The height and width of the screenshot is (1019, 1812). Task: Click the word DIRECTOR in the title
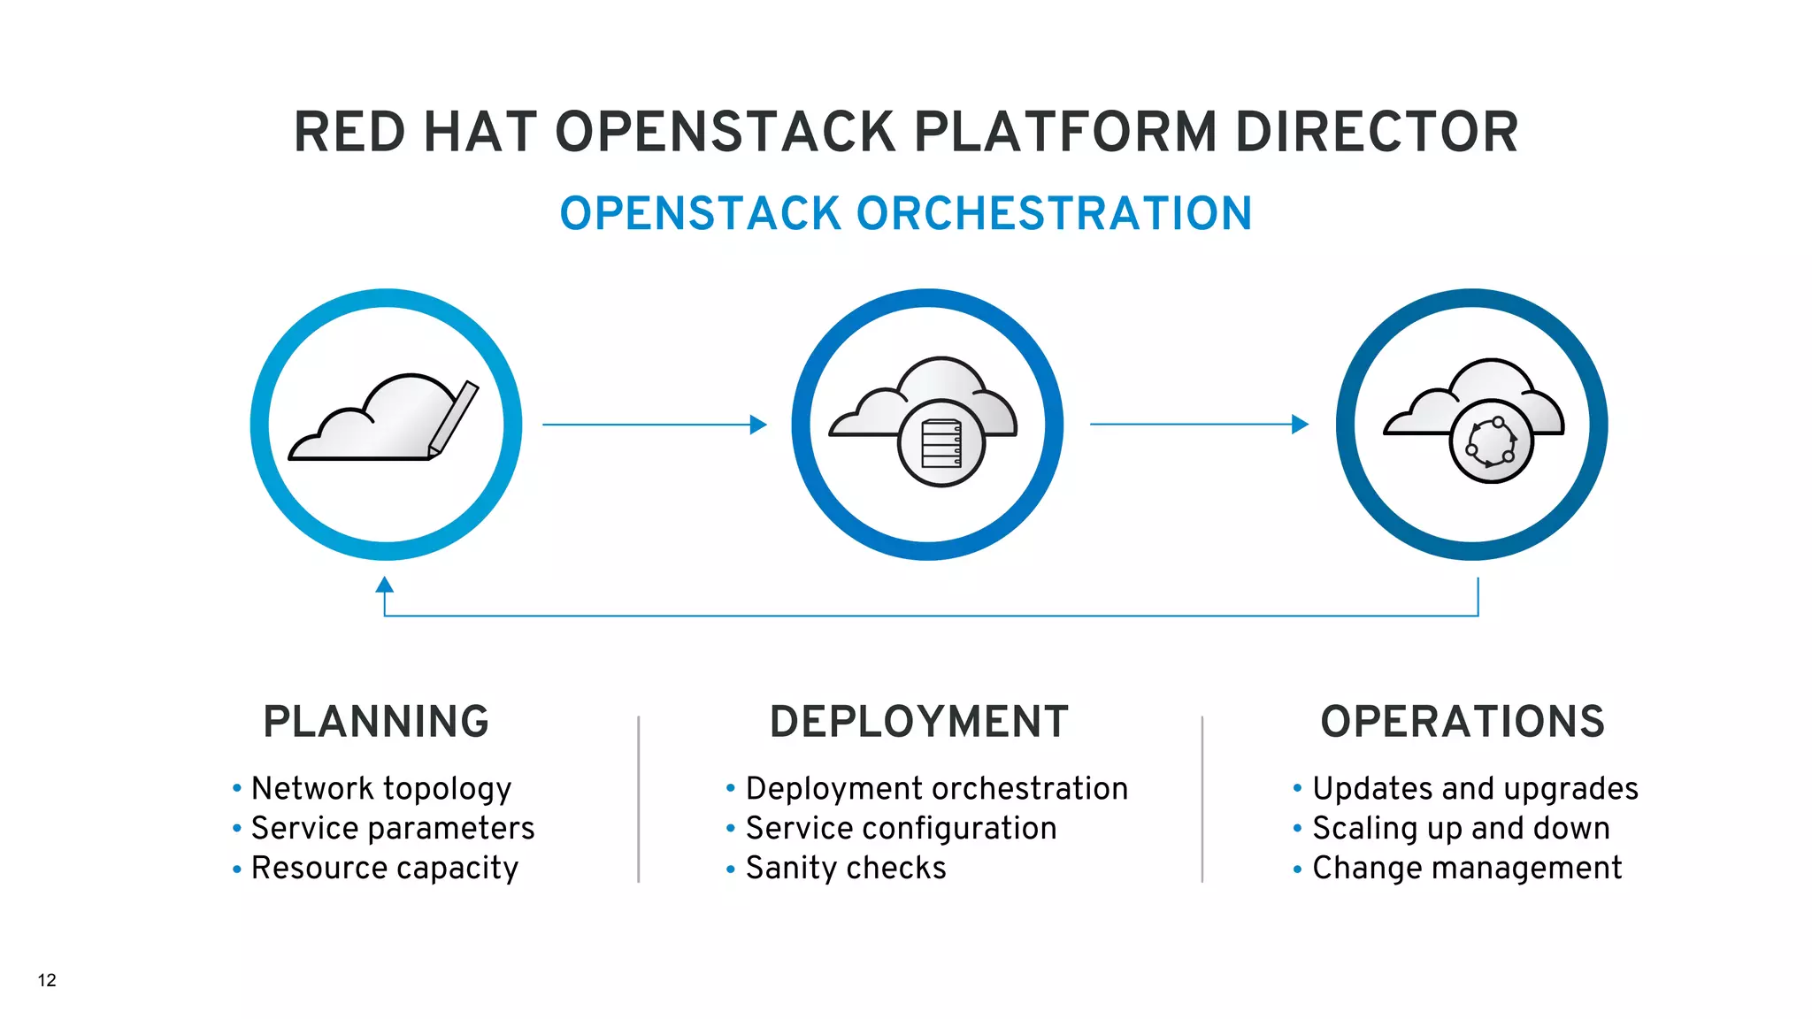tap(1377, 133)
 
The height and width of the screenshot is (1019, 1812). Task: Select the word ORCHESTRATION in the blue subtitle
tap(1054, 214)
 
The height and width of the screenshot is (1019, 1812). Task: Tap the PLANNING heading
tap(376, 722)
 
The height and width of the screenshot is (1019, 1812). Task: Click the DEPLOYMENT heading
tap(919, 722)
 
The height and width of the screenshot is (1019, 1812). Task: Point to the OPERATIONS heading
tap(1463, 722)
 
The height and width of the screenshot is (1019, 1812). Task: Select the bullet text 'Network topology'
tap(381, 788)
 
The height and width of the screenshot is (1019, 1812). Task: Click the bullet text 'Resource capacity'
tap(385, 869)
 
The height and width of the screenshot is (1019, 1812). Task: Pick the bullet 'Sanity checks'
tap(846, 869)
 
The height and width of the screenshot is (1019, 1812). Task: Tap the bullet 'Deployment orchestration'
tap(937, 788)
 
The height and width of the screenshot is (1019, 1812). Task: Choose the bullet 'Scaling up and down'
tap(1461, 829)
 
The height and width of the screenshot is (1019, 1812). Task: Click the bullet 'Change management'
tap(1467, 869)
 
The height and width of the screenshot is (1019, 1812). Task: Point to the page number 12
tap(47, 980)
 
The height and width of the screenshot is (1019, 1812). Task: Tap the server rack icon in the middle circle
tap(941, 444)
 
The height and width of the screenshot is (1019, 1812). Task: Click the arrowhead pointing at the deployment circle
tap(758, 425)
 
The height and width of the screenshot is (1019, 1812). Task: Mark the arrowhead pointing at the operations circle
tap(1300, 425)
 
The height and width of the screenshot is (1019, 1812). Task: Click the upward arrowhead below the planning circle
tap(384, 585)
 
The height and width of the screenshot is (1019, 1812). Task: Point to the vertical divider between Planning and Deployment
tap(638, 799)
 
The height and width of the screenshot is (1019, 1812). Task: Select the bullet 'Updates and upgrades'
tap(1475, 788)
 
